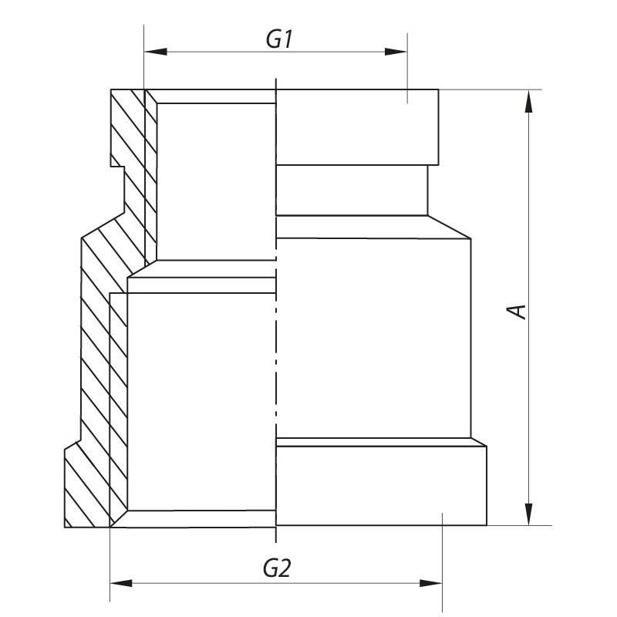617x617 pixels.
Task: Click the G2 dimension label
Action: [276, 569]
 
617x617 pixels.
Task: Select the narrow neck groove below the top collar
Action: [351, 190]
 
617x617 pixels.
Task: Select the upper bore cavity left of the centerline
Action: [216, 181]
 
